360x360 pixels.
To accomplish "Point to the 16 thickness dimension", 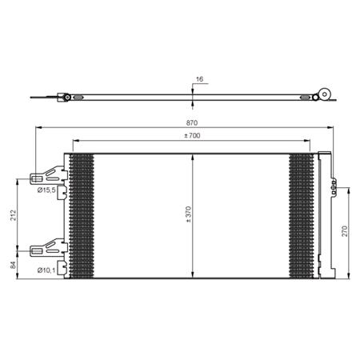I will (198, 80).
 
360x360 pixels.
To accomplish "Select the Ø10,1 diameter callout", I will (46, 270).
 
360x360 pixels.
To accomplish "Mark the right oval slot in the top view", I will (305, 98).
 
